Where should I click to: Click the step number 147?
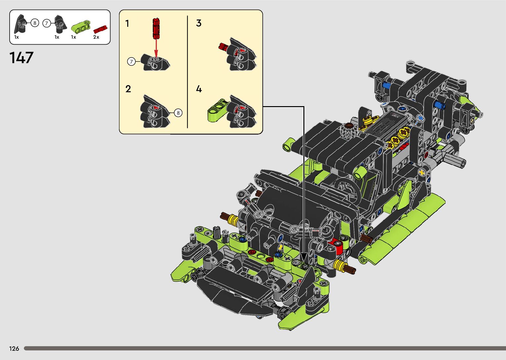[21, 58]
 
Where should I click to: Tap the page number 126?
[14, 348]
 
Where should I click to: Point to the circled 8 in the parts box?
[35, 23]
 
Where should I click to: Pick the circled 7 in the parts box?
[47, 23]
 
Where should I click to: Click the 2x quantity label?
[96, 37]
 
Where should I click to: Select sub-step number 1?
[127, 23]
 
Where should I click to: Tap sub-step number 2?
[128, 89]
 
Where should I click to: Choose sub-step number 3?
[199, 23]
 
